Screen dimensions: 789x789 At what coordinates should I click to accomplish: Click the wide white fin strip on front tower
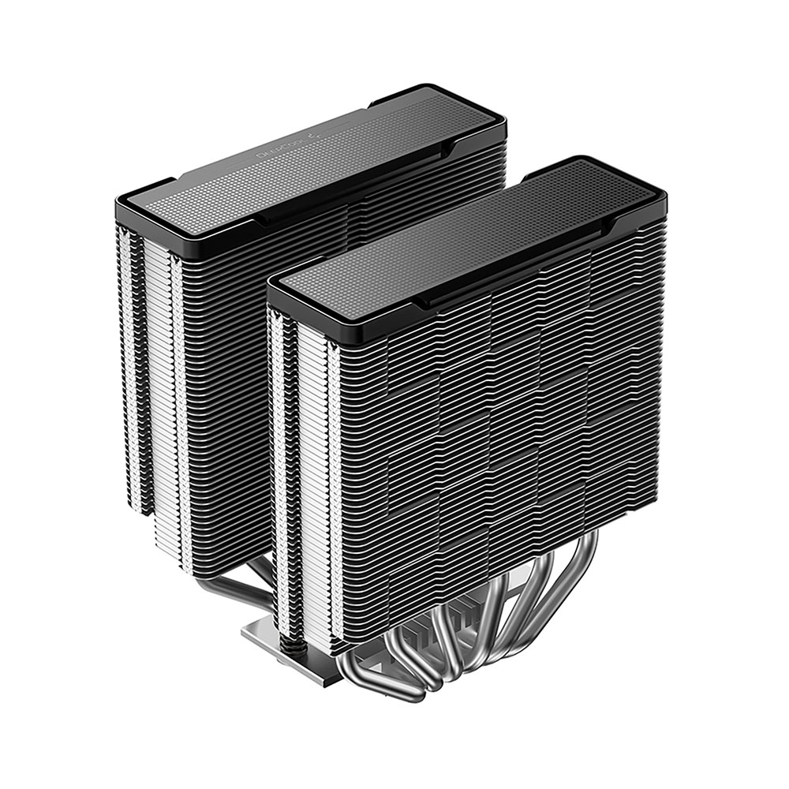pos(312,473)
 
